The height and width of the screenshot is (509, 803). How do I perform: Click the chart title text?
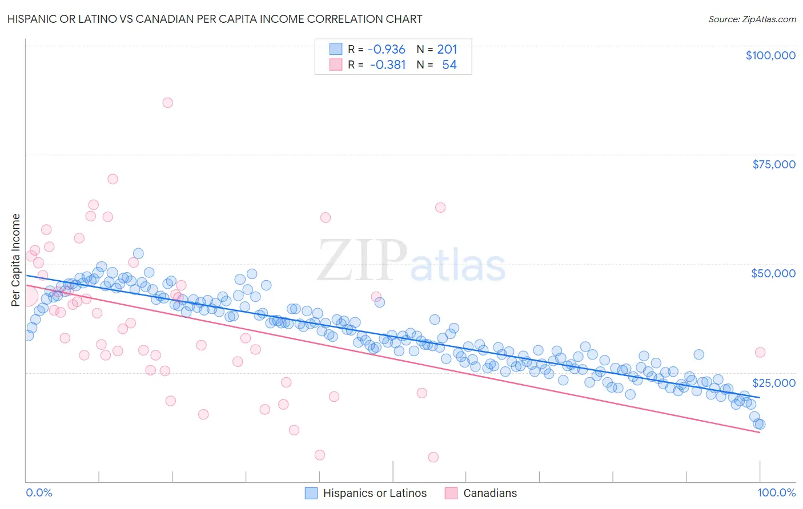(215, 19)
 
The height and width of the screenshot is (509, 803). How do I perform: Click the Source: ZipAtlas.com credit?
(752, 19)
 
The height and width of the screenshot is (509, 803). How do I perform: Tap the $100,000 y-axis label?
(770, 55)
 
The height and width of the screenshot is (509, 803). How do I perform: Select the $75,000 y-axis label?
(774, 164)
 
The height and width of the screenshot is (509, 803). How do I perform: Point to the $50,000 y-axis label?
(773, 273)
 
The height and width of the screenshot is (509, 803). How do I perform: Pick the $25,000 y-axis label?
(774, 382)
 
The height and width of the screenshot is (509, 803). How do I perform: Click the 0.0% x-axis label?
(39, 492)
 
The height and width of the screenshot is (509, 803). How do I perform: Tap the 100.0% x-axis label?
(777, 492)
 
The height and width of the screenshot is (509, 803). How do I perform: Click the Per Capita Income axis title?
(16, 260)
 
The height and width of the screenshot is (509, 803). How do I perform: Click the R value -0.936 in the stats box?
(387, 49)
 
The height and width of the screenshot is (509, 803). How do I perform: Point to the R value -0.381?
(388, 64)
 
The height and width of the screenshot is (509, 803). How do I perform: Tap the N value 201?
(447, 49)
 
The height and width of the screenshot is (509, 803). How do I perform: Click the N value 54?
(449, 64)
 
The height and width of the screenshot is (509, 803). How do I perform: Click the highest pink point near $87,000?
(167, 103)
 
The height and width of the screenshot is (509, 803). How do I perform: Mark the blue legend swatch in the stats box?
(335, 49)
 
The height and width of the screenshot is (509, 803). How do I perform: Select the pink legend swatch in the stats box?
(335, 64)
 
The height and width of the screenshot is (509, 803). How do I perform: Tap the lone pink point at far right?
(760, 352)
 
